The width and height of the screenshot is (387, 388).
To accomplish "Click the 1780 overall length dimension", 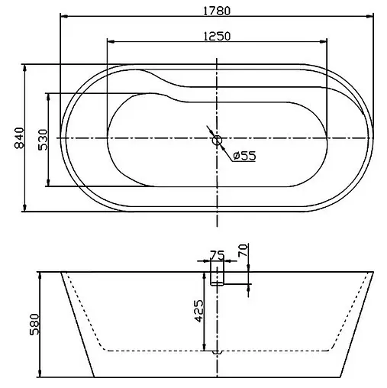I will point(218,11).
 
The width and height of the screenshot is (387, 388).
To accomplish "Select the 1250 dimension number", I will point(218,36).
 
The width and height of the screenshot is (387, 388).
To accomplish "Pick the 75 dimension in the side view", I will point(216,256).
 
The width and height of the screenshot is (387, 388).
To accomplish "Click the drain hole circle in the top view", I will point(217,139).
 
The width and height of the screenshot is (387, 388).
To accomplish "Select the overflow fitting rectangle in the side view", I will point(218,276).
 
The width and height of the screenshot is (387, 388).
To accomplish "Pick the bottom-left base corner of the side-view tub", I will point(94,377).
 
